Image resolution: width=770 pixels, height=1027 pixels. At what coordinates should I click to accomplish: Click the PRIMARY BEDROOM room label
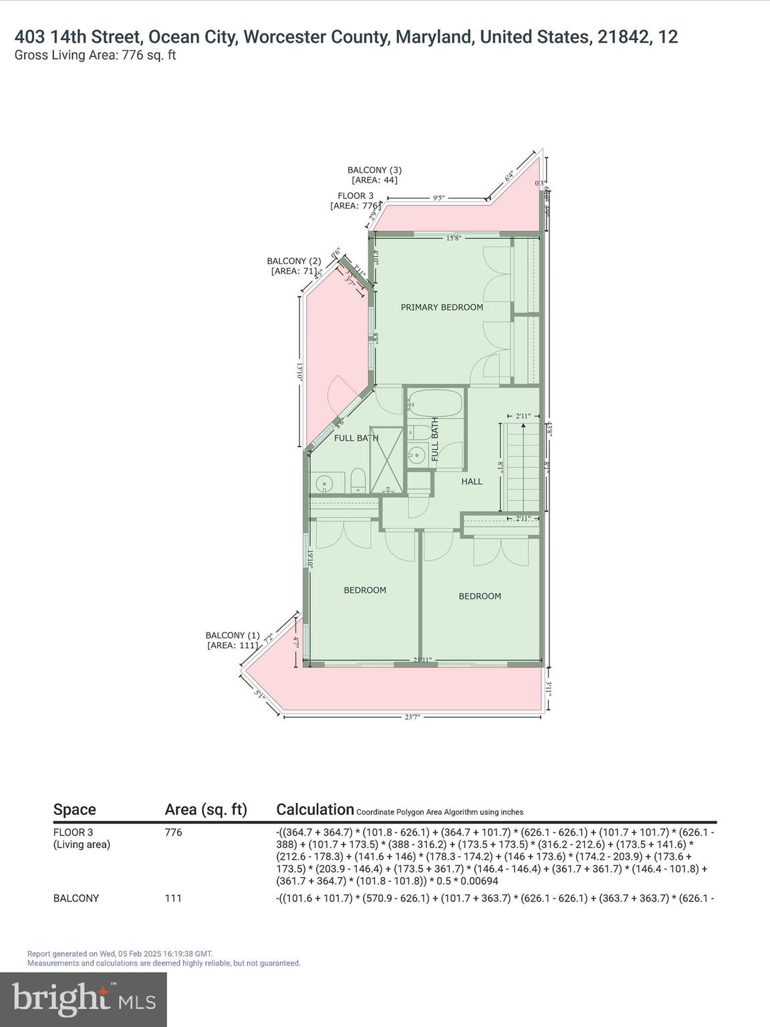[x=442, y=308]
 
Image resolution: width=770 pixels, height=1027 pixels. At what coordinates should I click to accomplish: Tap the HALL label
[x=471, y=481]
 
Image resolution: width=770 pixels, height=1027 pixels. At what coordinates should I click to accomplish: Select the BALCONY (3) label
[x=374, y=170]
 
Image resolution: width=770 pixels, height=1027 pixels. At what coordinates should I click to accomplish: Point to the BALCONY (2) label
[x=294, y=261]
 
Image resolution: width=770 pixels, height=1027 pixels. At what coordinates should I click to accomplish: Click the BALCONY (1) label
[x=233, y=635]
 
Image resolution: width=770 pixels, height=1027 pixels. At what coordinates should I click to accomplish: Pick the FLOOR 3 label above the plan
[x=356, y=196]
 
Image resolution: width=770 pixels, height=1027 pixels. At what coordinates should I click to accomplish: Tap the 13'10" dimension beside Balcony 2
[x=300, y=372]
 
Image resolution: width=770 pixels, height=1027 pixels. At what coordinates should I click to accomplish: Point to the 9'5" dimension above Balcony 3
[x=438, y=198]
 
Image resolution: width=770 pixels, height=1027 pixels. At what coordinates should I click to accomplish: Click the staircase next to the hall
[x=522, y=467]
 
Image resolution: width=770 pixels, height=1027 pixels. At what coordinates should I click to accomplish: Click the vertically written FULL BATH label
[x=436, y=439]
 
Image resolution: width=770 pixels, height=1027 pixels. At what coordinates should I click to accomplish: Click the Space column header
[x=74, y=810]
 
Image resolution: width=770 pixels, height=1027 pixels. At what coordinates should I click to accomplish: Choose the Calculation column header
[x=315, y=810]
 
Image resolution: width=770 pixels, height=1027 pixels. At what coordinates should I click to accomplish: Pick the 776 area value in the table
[x=173, y=832]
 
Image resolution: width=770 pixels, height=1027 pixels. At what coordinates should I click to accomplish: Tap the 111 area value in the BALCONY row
[x=172, y=898]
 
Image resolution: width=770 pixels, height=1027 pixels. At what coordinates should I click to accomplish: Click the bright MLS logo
[x=84, y=999]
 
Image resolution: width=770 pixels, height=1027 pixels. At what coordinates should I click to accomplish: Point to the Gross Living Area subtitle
[x=95, y=55]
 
